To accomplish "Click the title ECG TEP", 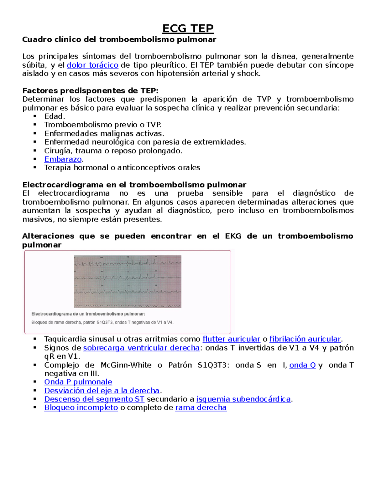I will pos(188,28).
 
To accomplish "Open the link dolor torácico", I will pos(92,65).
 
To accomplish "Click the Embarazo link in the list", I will pos(63,159).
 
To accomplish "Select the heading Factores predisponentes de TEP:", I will pos(90,91).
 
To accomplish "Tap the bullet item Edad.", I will pos(55,116).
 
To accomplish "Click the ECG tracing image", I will pos(128,281).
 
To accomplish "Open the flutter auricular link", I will pos(231,339).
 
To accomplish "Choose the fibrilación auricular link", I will pos(305,339).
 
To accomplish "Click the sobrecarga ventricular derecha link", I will pos(141,348).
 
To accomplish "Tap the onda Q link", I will pos(302,365).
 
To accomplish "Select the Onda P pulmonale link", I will pos(78,382).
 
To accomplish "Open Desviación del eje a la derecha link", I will pos(102,391).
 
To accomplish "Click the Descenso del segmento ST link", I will pos(94,399).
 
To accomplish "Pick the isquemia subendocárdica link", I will pos(243,399).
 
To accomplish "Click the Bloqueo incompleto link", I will pos(81,408).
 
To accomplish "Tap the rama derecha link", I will pos(201,408).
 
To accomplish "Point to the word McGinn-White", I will pos(126,365).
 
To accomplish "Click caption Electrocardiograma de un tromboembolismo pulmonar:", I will pos(88,314).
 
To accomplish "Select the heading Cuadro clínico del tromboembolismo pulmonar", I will pos(119,40).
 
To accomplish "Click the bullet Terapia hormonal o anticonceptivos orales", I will pos(122,168).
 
